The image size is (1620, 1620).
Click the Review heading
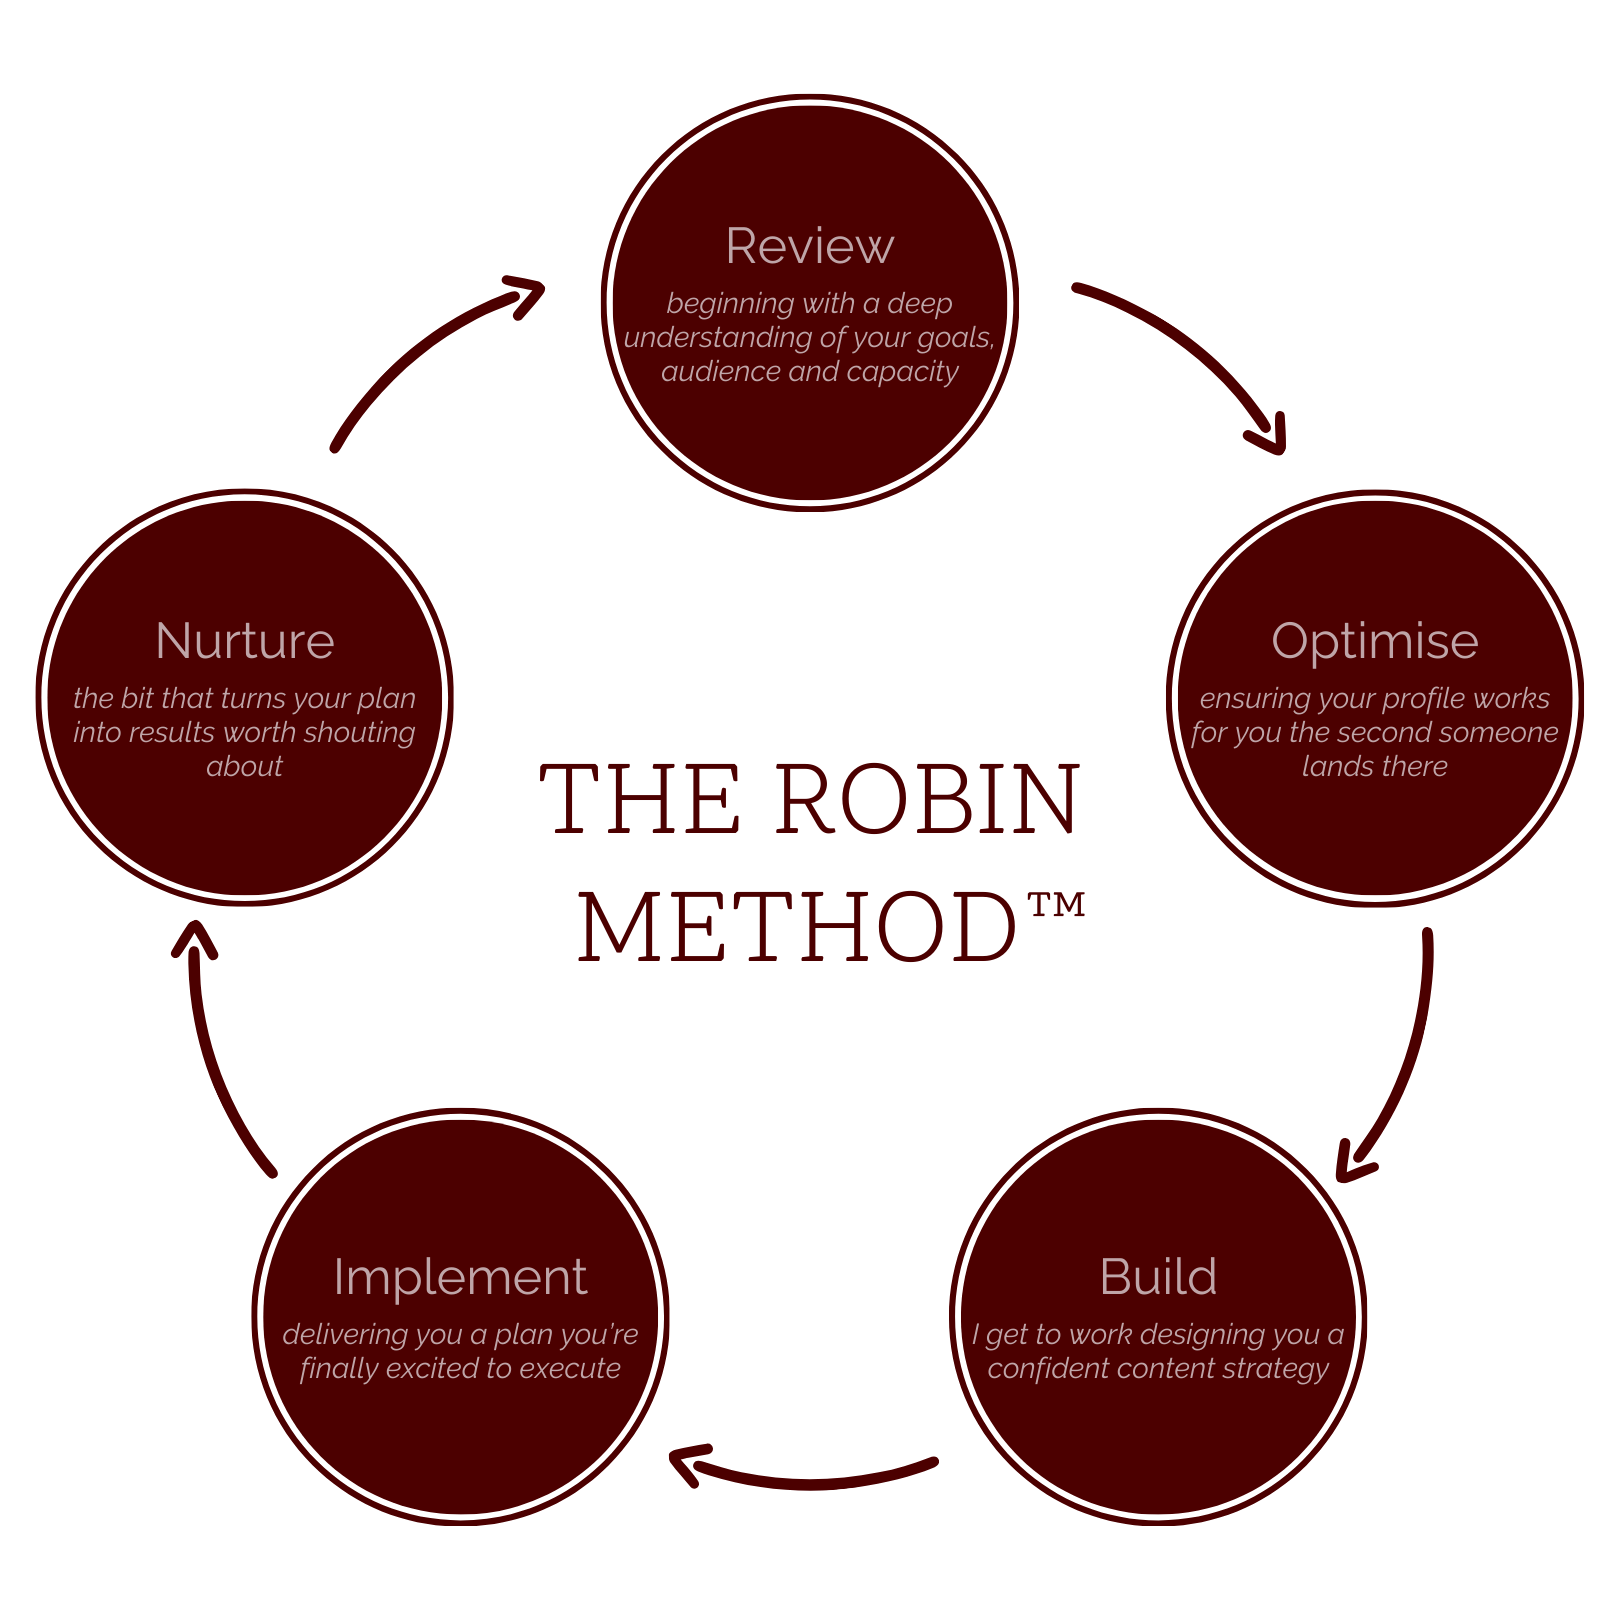pyautogui.click(x=809, y=246)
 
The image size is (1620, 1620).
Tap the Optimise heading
pyautogui.click(x=1374, y=641)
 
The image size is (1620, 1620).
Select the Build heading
pyautogui.click(x=1158, y=1277)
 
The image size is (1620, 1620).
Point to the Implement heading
pyautogui.click(x=460, y=1277)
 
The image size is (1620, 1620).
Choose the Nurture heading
pyautogui.click(x=245, y=641)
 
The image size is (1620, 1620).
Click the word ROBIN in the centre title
pyautogui.click(x=928, y=800)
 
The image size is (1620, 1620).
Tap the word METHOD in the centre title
pyautogui.click(x=798, y=928)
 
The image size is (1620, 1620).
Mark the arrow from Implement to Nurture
pyautogui.click(x=215, y=1050)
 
